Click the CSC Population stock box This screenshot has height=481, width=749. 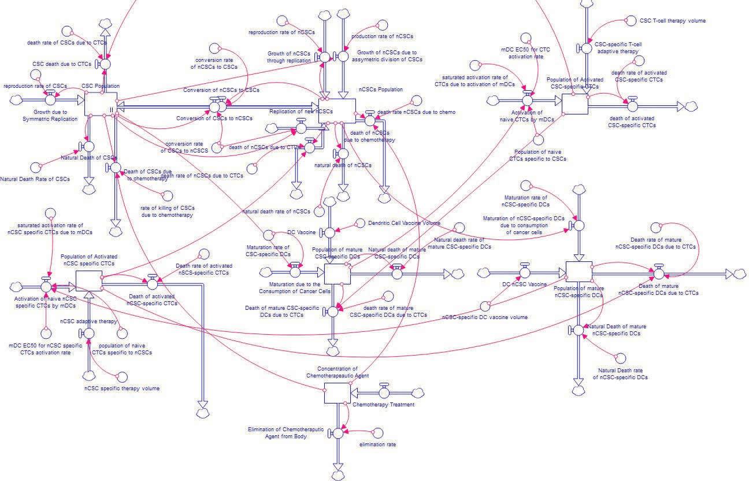(x=101, y=104)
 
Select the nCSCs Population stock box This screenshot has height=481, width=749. (x=338, y=110)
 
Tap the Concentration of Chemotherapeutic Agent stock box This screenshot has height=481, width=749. (x=337, y=393)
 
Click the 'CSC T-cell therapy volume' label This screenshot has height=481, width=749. (x=672, y=21)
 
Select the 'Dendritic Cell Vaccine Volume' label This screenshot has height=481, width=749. (x=404, y=223)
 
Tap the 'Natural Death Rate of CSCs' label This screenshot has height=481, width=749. (x=35, y=179)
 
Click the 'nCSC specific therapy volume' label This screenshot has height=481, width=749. (x=122, y=388)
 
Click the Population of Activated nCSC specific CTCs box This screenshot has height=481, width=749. (x=89, y=281)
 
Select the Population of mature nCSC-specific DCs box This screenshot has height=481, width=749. (x=579, y=272)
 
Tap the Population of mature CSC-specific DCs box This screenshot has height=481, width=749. (x=338, y=274)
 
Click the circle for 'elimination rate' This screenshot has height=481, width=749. (x=379, y=432)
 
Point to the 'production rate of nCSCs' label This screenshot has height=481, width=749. (x=382, y=36)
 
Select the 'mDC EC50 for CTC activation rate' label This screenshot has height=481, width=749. (x=526, y=53)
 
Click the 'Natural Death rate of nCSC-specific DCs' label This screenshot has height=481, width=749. (x=620, y=373)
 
